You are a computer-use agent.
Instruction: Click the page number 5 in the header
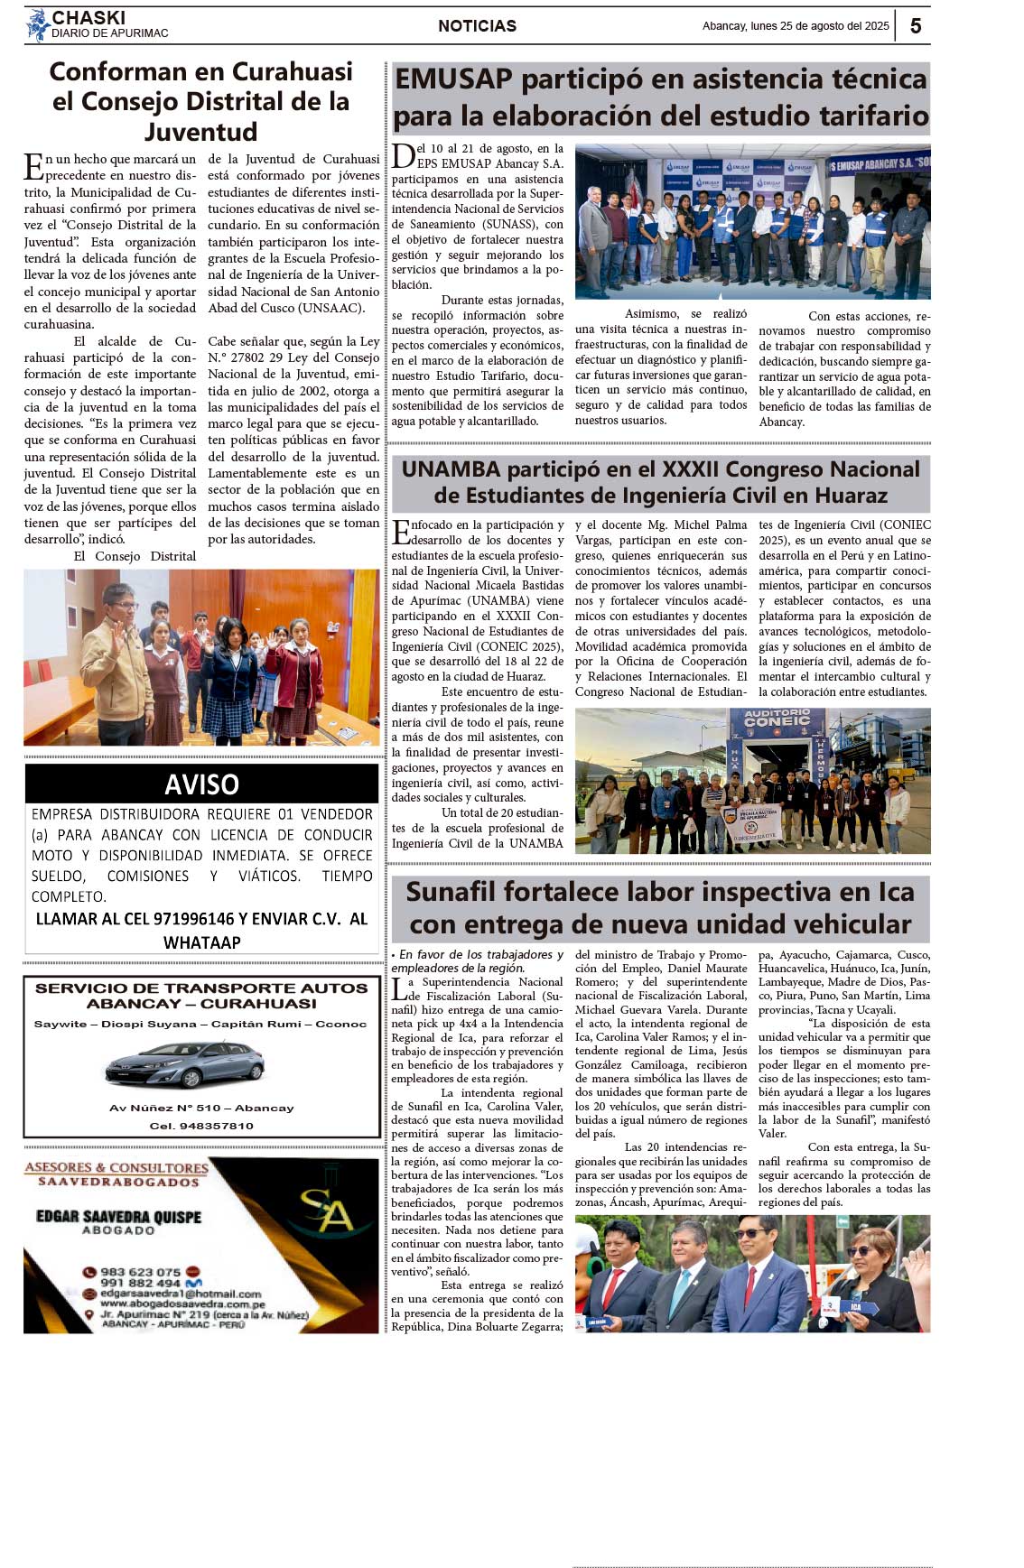[915, 26]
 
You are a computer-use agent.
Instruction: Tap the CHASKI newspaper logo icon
[37, 25]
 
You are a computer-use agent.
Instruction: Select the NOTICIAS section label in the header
[477, 26]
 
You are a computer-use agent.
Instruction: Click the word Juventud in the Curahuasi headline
[200, 132]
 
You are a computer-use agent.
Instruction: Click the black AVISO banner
[201, 784]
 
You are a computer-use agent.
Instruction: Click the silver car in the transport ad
[184, 1065]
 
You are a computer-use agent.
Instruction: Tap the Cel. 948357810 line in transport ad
[201, 1126]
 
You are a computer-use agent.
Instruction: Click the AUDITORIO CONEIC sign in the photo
[777, 719]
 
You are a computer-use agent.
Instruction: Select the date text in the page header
[796, 26]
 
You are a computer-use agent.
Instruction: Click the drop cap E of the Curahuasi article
[33, 167]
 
